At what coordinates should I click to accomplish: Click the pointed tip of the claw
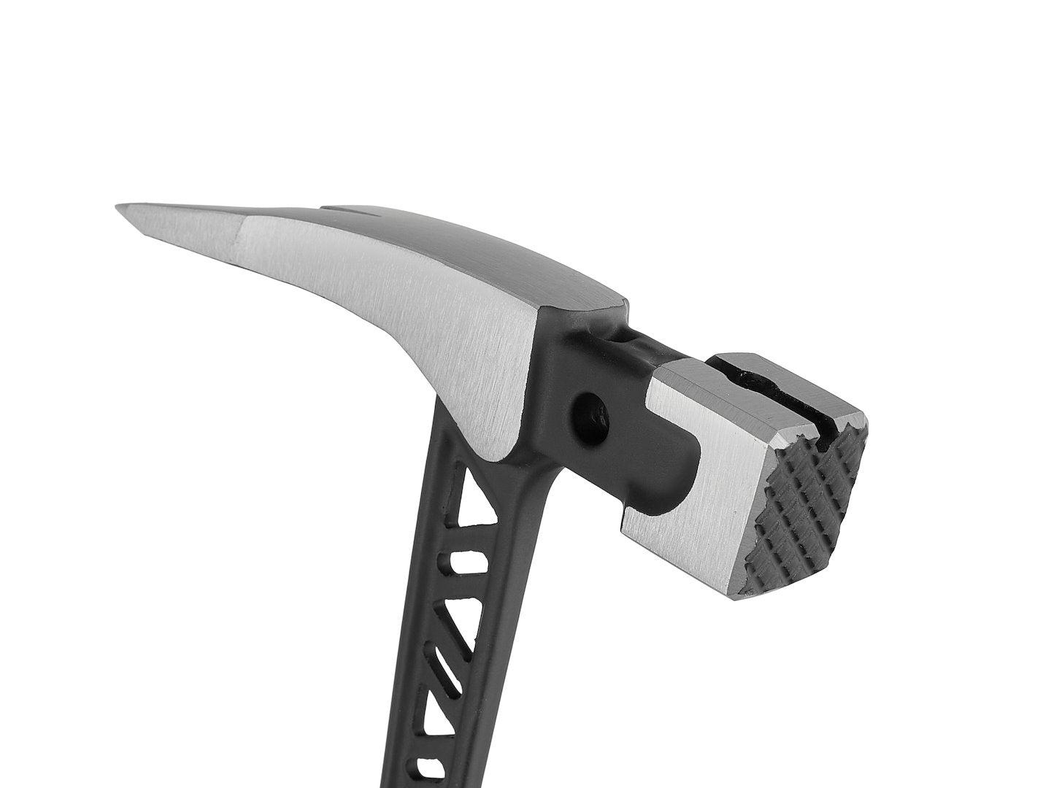(118, 208)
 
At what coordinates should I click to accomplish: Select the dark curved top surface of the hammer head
(467, 248)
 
